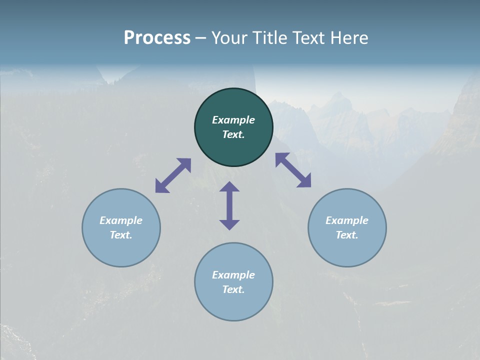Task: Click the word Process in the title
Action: click(157, 38)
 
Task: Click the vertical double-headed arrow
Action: click(229, 206)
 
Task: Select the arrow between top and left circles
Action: click(173, 175)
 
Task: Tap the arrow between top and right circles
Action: click(293, 170)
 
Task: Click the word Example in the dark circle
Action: click(233, 120)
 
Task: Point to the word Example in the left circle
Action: click(121, 220)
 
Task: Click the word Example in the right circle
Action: click(347, 220)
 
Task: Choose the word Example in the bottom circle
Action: click(233, 275)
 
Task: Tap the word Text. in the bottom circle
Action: click(233, 289)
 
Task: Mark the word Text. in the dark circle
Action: click(233, 134)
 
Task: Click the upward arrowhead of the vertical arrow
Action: click(229, 187)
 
